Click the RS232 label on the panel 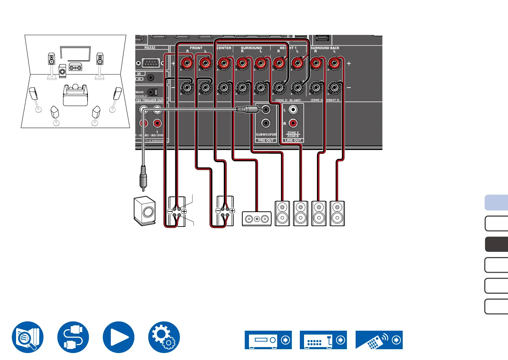point(150,47)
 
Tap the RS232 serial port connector point(150,63)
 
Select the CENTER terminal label point(224,48)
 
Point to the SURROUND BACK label point(325,48)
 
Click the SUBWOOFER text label point(266,134)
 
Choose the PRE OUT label point(266,140)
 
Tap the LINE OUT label point(293,140)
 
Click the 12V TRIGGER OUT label point(149,100)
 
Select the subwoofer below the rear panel point(145,211)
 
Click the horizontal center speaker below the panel point(257,219)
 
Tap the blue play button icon point(119,337)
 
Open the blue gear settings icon point(164,337)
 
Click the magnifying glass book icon point(28,337)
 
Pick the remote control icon point(379,340)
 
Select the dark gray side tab point(497,244)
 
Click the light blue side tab point(497,203)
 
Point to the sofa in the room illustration point(75,95)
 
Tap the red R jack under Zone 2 point(293,123)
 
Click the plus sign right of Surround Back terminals point(349,63)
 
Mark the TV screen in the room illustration point(75,53)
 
